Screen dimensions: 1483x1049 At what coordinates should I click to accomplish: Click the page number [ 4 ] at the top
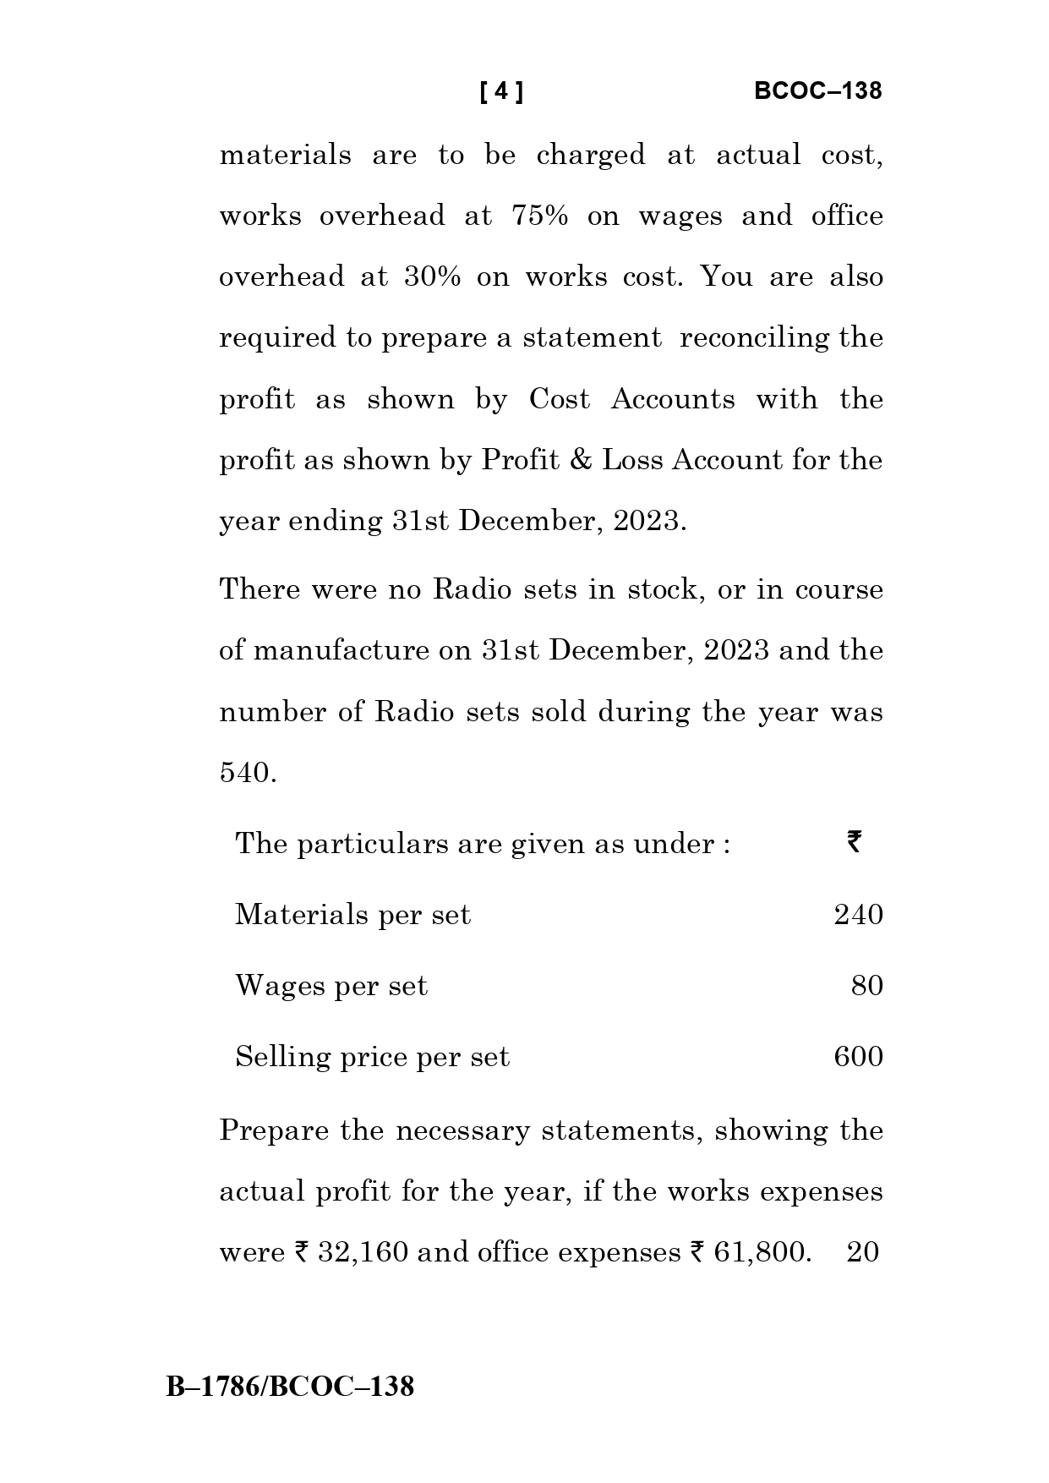[x=500, y=91]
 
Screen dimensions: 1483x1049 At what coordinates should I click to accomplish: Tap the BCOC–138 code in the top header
[x=817, y=91]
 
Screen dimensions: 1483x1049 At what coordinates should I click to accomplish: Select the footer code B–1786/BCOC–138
[x=290, y=1387]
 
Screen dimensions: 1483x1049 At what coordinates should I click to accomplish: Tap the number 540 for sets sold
[x=248, y=773]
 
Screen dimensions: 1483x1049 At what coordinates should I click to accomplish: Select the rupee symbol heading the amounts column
[x=854, y=842]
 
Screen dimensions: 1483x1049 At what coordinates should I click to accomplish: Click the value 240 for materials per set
[x=858, y=915]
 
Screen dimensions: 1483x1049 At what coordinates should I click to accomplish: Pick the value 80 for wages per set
[x=866, y=986]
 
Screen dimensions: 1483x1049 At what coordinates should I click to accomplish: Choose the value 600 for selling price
[x=858, y=1057]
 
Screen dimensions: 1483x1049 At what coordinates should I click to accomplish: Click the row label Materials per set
[x=352, y=915]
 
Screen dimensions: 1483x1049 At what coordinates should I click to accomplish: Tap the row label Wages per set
[x=331, y=986]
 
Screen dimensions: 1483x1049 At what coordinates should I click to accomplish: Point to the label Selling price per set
[x=372, y=1057]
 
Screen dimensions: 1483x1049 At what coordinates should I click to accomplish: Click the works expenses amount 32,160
[x=363, y=1252]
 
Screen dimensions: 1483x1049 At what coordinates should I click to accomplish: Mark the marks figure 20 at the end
[x=863, y=1252]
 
